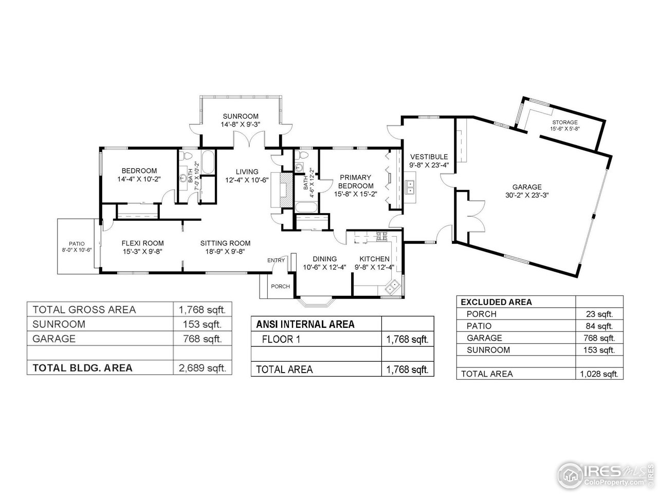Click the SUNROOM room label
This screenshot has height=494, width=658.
pos(240,116)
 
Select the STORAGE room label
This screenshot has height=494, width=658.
pos(565,122)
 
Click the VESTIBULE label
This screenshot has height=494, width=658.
pos(429,157)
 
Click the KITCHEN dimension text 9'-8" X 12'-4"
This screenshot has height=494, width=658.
pos(374,267)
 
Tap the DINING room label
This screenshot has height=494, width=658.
pos(324,259)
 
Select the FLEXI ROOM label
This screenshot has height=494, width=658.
pos(143,243)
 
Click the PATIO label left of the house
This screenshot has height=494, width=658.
pos(77,244)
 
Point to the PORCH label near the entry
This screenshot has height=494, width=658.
pos(280,287)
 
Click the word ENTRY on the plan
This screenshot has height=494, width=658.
pos(276,260)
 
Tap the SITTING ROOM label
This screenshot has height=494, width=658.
pos(225,243)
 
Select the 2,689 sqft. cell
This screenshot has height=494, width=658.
pos(202,368)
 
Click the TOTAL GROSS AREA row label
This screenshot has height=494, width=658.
pos(84,310)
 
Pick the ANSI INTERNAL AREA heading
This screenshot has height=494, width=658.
pos(305,324)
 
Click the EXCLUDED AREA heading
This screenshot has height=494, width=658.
pos(496,302)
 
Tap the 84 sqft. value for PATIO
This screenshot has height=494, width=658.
pos(599,326)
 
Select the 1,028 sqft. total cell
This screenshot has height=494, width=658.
pos(598,374)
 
